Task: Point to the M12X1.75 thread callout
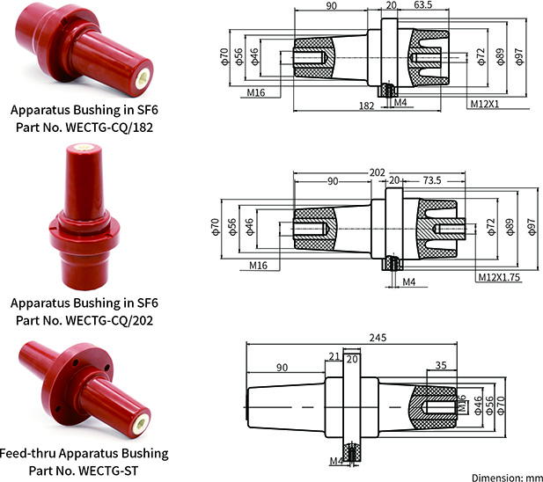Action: pyautogui.click(x=499, y=277)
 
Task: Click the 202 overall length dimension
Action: pyautogui.click(x=379, y=172)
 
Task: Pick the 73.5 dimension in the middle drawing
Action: pyautogui.click(x=431, y=180)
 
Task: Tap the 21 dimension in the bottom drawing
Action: pyautogui.click(x=334, y=355)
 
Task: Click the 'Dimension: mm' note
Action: pyautogui.click(x=506, y=476)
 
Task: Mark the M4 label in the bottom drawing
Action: pyautogui.click(x=335, y=460)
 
